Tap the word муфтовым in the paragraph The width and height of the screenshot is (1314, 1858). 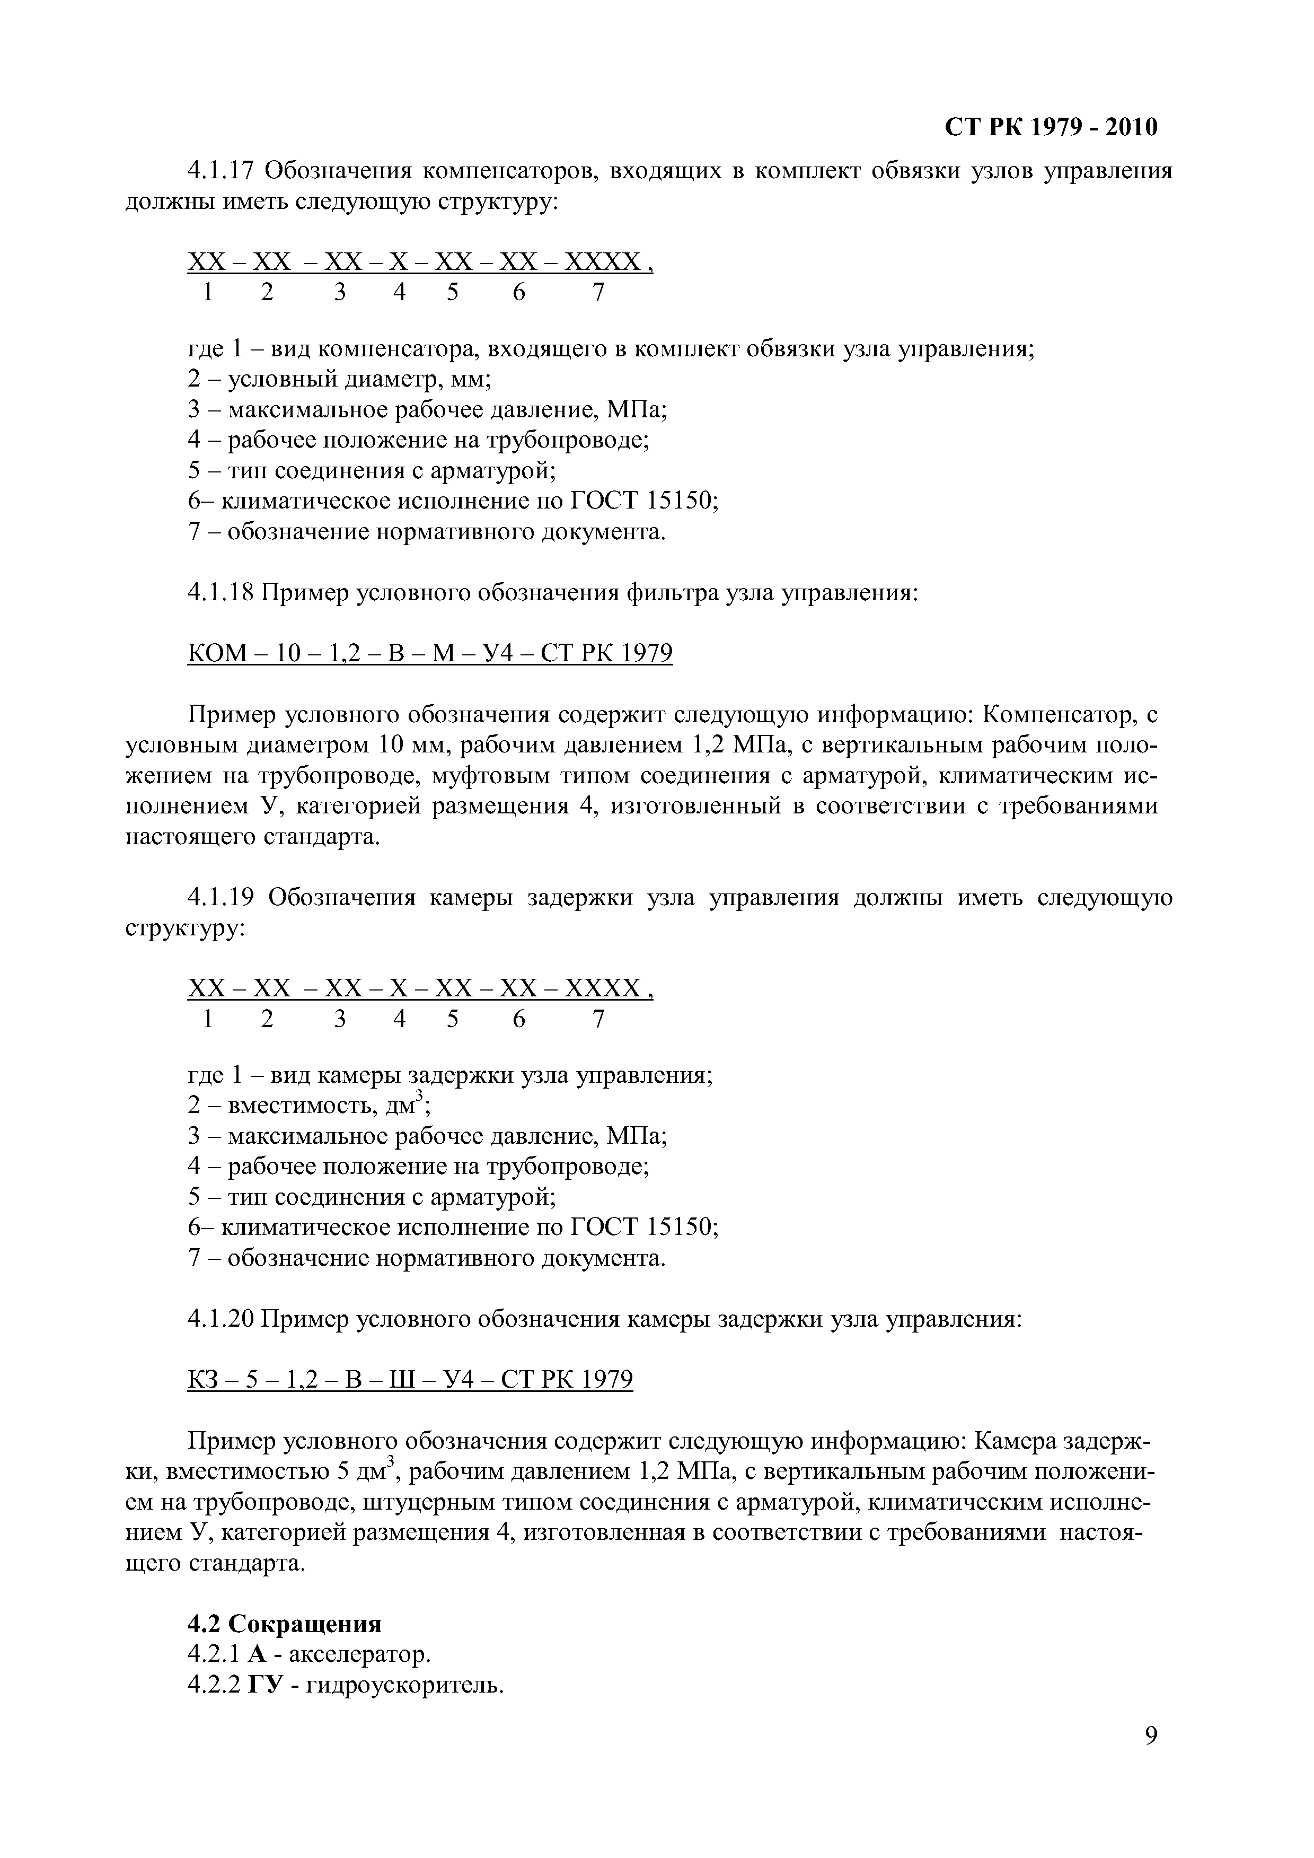483,776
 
